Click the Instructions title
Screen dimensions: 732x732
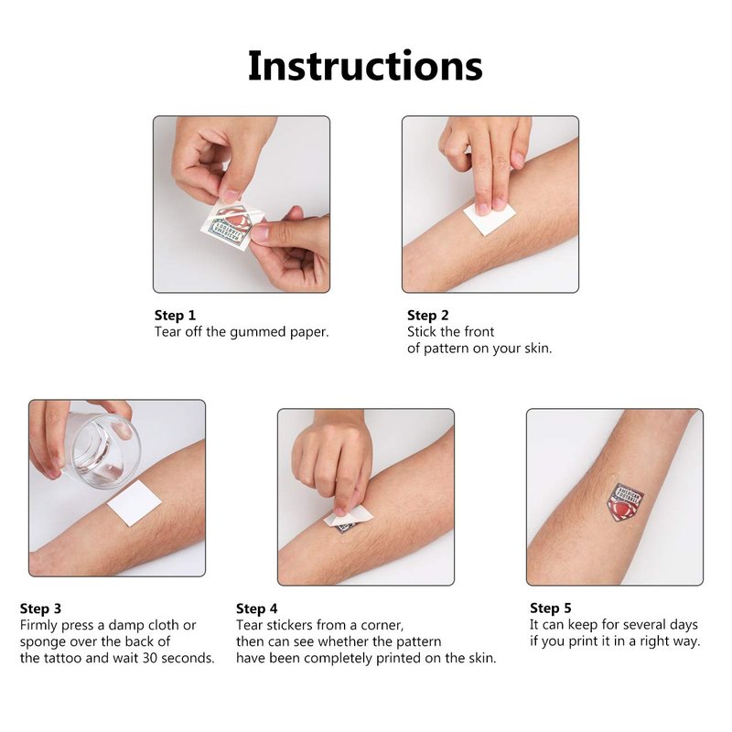365,66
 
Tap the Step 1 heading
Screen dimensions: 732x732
175,316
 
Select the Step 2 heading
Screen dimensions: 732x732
427,316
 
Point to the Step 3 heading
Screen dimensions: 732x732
40,608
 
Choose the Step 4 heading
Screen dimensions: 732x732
257,608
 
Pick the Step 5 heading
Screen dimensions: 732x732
551,608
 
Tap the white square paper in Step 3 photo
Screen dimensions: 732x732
134,503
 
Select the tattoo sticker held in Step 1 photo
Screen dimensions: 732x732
231,226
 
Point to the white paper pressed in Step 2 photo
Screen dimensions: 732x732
490,217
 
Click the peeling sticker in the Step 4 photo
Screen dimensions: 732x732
348,519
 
